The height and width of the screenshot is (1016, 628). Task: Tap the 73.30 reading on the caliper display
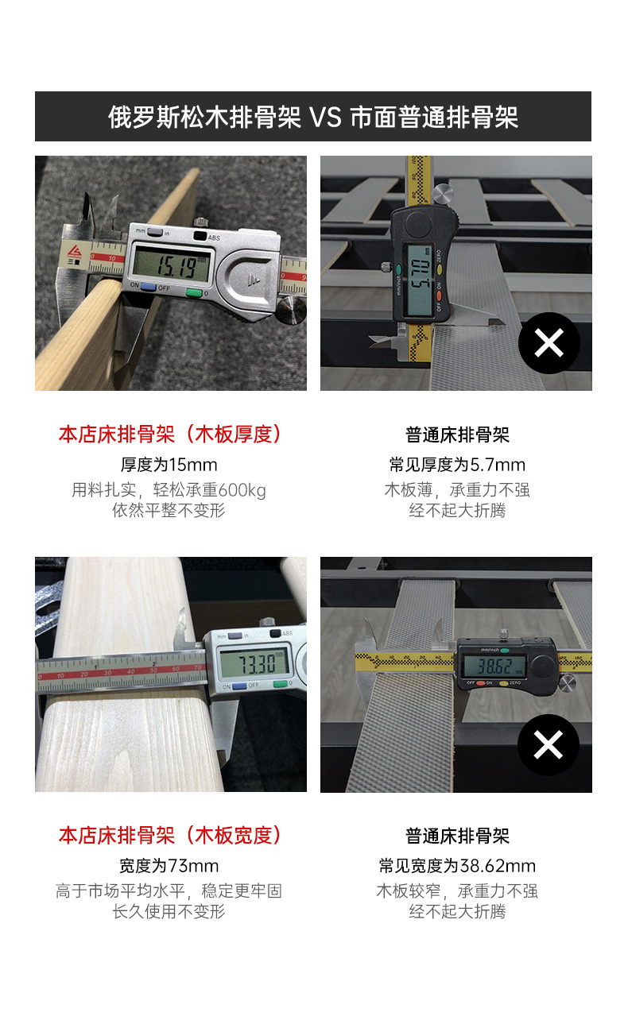[258, 665]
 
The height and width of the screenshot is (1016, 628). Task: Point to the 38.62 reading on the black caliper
[494, 666]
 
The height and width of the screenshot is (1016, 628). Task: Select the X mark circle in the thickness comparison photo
[549, 343]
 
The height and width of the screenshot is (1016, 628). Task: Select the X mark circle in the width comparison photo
[549, 745]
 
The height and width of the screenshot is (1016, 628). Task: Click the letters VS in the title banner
[325, 118]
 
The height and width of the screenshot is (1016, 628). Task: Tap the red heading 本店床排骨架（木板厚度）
[171, 435]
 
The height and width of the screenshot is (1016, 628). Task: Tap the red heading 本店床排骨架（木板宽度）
[171, 836]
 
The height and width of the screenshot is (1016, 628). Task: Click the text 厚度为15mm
[169, 465]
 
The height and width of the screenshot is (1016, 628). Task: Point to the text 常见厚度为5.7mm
[457, 465]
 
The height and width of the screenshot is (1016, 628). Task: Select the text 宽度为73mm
[169, 866]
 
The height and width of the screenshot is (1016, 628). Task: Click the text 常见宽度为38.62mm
[457, 866]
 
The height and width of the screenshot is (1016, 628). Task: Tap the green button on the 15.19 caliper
[194, 293]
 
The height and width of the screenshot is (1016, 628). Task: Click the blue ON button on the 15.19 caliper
[148, 287]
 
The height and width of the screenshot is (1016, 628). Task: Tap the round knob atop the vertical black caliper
[443, 194]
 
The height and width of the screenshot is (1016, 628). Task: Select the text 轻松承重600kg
[209, 490]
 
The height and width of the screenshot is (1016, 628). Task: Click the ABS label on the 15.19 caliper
[214, 238]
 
